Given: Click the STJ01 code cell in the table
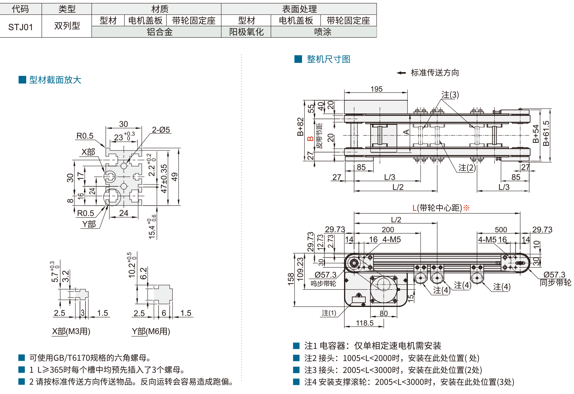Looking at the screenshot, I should point(21,27).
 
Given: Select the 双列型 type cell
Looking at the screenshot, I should point(67,26).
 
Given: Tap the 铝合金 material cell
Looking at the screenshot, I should point(160,32).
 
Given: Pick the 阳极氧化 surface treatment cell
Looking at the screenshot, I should point(246,32).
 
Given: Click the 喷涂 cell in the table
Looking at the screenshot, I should point(323,32).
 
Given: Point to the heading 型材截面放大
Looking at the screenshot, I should point(55,80).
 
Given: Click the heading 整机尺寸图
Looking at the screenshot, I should point(328,59).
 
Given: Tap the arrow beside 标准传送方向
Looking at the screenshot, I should point(401,73).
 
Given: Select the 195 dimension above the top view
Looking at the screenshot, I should point(376,89).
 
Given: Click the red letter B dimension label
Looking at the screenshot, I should point(310,139).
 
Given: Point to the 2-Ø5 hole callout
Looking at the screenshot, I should point(161,130).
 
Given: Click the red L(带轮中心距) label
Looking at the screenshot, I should point(440,208).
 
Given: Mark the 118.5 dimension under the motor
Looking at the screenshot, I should point(364,323).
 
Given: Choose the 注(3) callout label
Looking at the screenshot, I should point(450,95).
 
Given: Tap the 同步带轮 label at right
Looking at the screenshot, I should point(555,283).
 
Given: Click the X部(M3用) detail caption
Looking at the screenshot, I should point(71,331).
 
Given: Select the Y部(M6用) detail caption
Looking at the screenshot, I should point(151,331).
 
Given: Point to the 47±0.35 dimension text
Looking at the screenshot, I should point(164,179).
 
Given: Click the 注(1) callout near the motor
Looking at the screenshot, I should point(329,313).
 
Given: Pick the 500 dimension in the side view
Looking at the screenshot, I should point(501,230).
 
